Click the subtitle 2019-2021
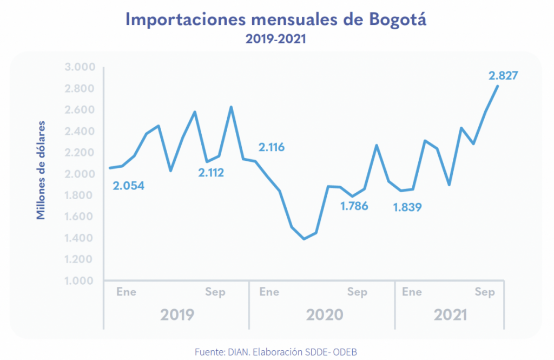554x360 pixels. (276, 39)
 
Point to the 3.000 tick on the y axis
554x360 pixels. (80, 67)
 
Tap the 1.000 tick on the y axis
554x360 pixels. (80, 280)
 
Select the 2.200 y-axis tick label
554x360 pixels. (80, 153)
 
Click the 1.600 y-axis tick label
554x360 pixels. (80, 217)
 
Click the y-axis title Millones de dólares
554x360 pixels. (41, 170)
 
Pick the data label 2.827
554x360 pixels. (503, 76)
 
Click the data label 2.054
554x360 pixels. (128, 186)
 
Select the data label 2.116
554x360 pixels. (272, 147)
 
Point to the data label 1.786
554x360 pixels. (354, 206)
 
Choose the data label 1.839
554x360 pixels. (407, 207)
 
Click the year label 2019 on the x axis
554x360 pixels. (177, 315)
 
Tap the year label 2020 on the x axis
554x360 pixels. (324, 315)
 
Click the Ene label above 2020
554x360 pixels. (269, 292)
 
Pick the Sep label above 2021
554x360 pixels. (485, 292)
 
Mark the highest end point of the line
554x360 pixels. (498, 86)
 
